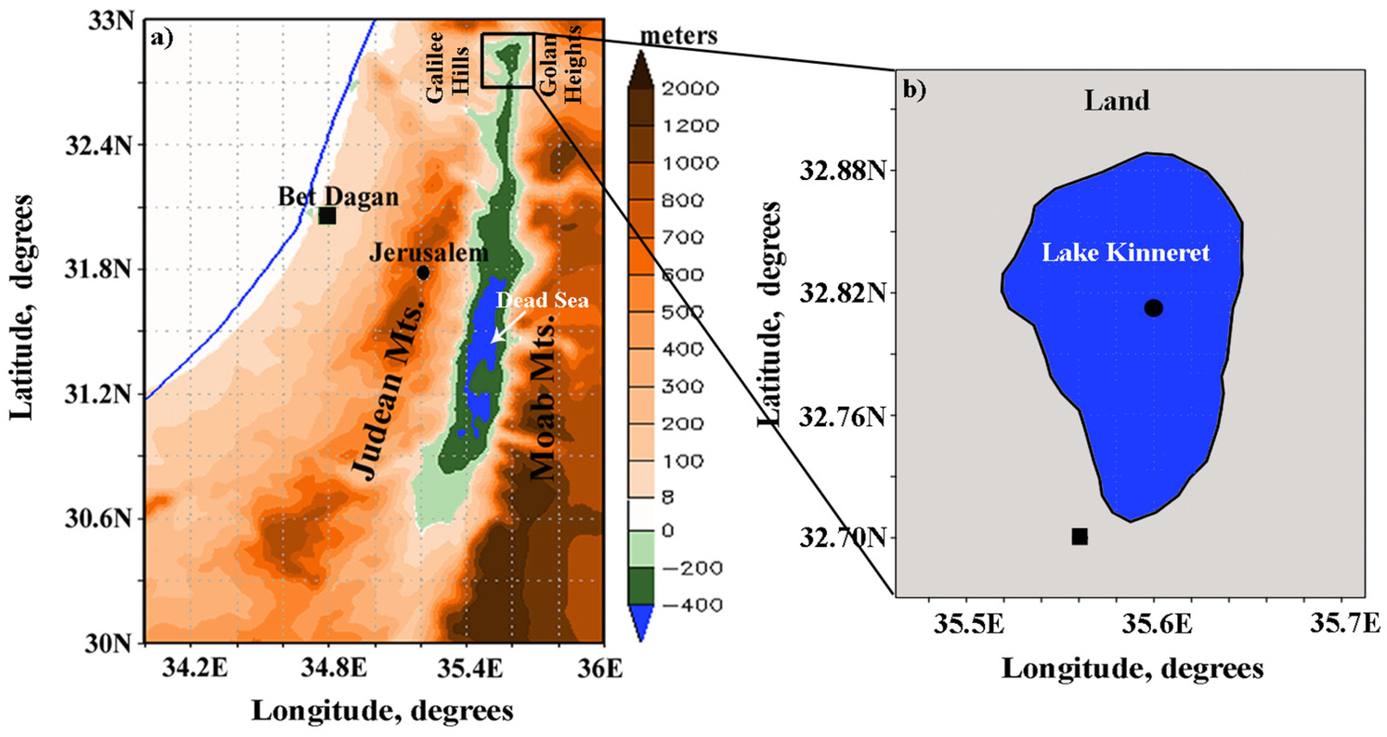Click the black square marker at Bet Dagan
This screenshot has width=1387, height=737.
pos(327,215)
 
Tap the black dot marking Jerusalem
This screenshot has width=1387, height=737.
pos(423,273)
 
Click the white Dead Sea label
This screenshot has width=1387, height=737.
pos(542,300)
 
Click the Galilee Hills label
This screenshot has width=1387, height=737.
pos(447,67)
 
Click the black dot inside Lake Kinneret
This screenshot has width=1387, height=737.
pos(1153,308)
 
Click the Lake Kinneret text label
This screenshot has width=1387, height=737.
pos(1126,253)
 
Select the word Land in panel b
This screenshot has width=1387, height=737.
pos(1117,101)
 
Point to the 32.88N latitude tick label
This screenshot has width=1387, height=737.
pos(842,171)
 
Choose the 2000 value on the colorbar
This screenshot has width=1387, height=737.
pos(690,88)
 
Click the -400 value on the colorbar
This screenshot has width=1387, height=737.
pos(691,605)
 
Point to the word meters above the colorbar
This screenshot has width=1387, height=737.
pos(679,36)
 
